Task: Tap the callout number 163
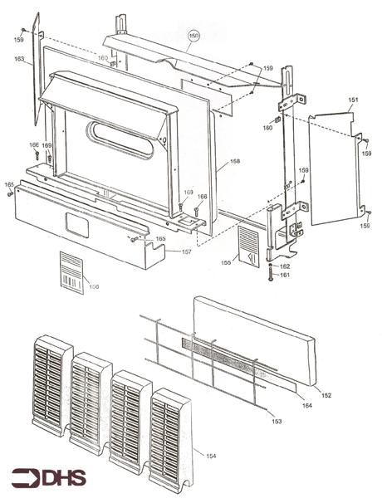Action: click(18, 59)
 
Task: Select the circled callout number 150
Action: click(194, 37)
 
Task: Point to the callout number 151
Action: click(353, 100)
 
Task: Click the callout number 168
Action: click(236, 161)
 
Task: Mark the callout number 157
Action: click(187, 251)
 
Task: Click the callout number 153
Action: click(276, 422)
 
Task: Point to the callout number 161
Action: click(285, 275)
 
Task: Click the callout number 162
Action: click(285, 266)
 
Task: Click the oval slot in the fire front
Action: click(122, 137)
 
